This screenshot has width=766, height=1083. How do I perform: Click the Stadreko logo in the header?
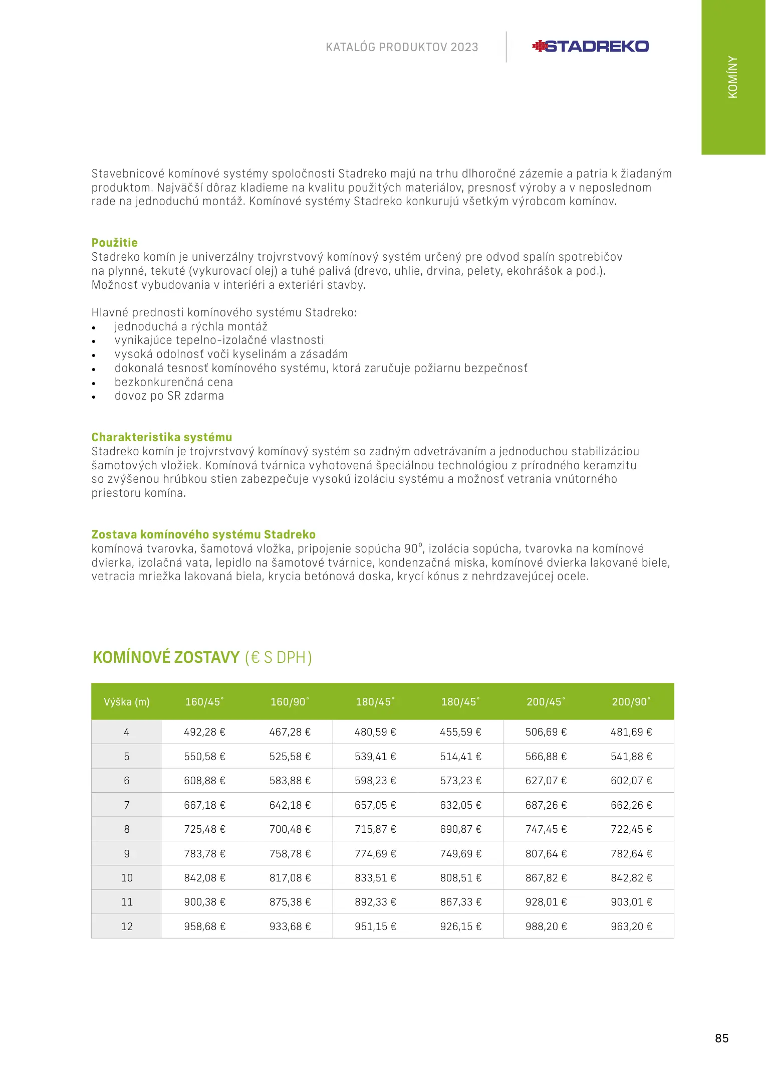pyautogui.click(x=590, y=47)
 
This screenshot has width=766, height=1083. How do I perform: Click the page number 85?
pyautogui.click(x=721, y=1038)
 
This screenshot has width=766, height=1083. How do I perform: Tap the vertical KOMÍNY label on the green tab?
pyautogui.click(x=732, y=77)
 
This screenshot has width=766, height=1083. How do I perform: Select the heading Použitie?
pyautogui.click(x=114, y=243)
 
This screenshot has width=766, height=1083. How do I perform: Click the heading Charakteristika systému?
pyautogui.click(x=161, y=437)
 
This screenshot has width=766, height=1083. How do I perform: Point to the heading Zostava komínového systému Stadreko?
pyautogui.click(x=203, y=534)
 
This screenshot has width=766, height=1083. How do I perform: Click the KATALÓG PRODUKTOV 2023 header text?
pyautogui.click(x=402, y=47)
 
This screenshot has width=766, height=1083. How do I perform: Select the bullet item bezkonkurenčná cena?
pyautogui.click(x=173, y=382)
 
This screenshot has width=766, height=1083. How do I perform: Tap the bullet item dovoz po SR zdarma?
pyautogui.click(x=169, y=396)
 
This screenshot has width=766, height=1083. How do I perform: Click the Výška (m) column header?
pyautogui.click(x=127, y=702)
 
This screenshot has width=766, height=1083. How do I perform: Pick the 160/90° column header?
pyautogui.click(x=290, y=702)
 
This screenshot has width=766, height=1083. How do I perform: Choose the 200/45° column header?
pyautogui.click(x=546, y=702)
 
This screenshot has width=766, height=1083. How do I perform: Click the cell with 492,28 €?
pyautogui.click(x=204, y=732)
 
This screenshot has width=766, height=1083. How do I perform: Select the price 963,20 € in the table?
pyautogui.click(x=631, y=927)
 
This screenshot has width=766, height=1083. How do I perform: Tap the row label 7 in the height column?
pyautogui.click(x=127, y=805)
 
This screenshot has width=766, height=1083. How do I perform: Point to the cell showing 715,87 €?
pyautogui.click(x=375, y=829)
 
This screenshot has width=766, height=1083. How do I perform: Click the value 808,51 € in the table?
pyautogui.click(x=460, y=878)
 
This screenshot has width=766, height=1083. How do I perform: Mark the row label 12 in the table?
pyautogui.click(x=127, y=927)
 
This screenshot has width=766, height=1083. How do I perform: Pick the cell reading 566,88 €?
pyautogui.click(x=546, y=757)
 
